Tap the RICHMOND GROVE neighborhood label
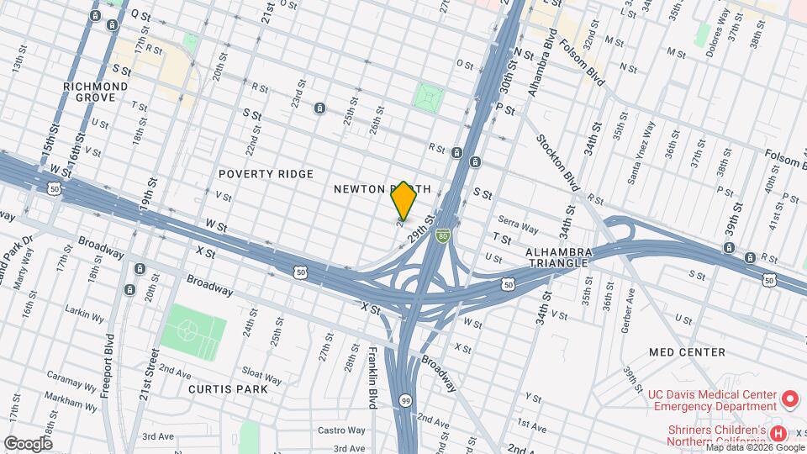tap(96, 92)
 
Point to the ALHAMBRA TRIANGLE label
tap(559, 257)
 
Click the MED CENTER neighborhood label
tap(687, 352)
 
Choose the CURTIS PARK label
tap(228, 389)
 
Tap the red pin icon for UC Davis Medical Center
tap(790, 398)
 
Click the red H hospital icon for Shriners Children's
tap(778, 434)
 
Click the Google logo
tap(27, 443)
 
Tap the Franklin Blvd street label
tap(372, 378)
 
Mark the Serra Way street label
tap(518, 228)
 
